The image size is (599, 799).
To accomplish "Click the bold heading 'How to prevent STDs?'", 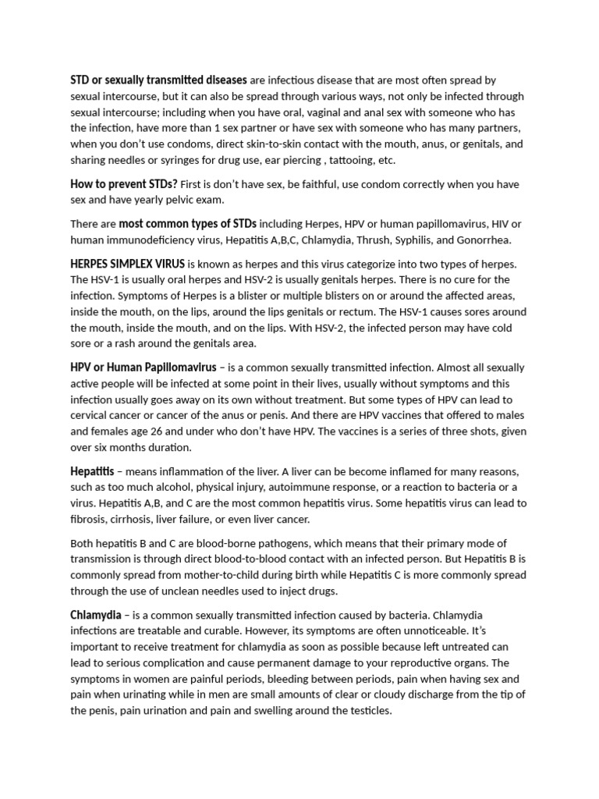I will click(124, 184).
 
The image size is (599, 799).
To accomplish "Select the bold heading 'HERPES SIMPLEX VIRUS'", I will click(127, 264).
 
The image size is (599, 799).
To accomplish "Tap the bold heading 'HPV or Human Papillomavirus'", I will click(143, 367).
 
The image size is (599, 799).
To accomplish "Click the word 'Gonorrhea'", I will click(485, 240).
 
